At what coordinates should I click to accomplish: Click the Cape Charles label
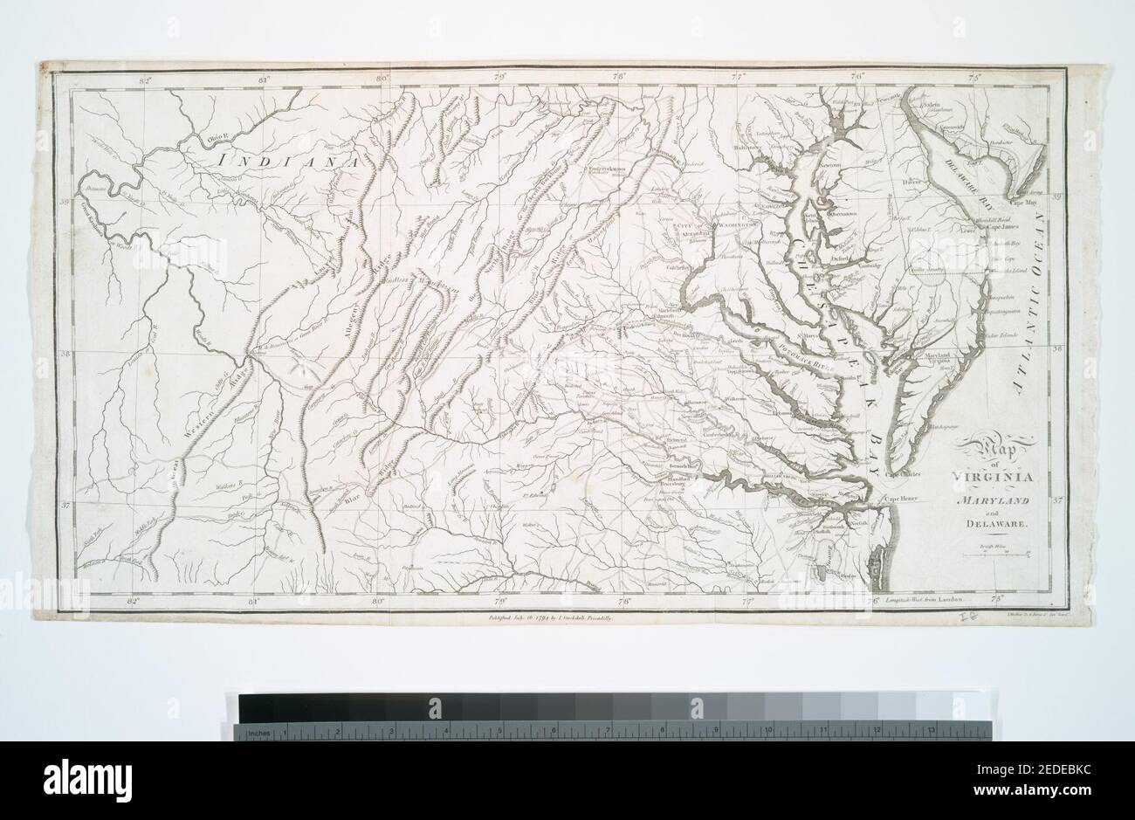click(x=901, y=475)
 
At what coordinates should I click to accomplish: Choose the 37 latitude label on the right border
click(x=1056, y=501)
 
